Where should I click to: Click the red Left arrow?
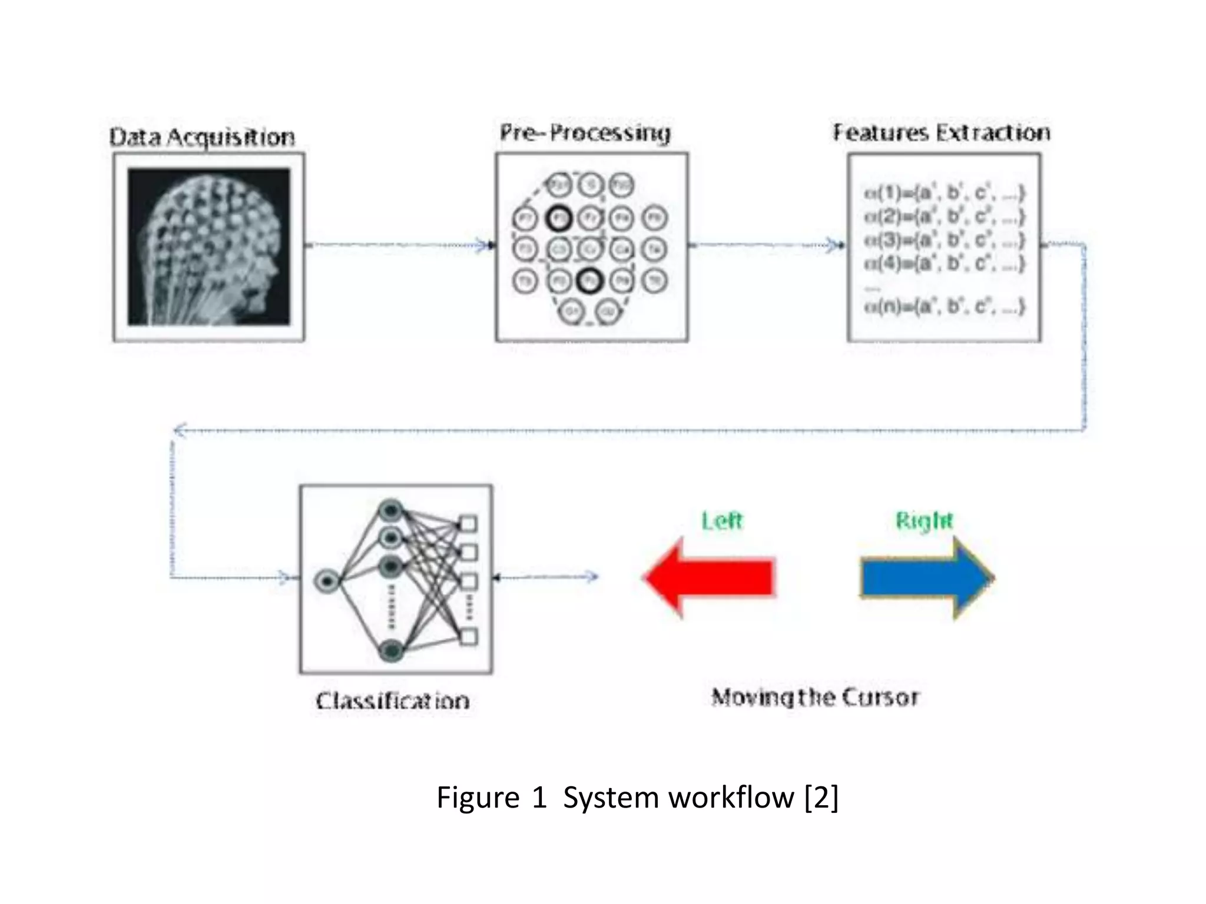pos(710,577)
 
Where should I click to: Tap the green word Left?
pos(722,521)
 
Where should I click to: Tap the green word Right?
pos(923,521)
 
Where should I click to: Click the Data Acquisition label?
pos(202,137)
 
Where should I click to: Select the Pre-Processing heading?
pos(585,132)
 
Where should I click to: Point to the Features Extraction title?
pos(941,132)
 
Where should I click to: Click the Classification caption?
pos(393,701)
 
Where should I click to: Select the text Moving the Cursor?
pos(815,697)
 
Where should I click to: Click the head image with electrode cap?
pos(209,247)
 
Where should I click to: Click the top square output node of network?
pos(468,523)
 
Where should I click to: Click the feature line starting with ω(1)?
pos(944,192)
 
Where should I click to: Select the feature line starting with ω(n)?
pos(944,307)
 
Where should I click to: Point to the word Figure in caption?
pos(478,798)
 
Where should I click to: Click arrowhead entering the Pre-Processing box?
pos(488,245)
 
